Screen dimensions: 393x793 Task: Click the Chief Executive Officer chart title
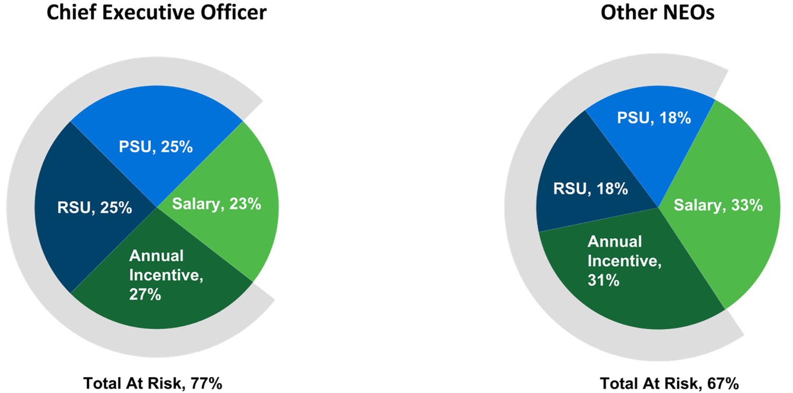pyautogui.click(x=156, y=13)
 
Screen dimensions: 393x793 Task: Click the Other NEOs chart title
pyautogui.click(x=657, y=13)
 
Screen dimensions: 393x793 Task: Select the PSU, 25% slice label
pyautogui.click(x=156, y=147)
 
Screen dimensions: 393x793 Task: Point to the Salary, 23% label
pyautogui.click(x=217, y=204)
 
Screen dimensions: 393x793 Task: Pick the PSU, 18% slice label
pyautogui.click(x=654, y=118)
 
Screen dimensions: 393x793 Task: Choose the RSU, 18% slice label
pyautogui.click(x=590, y=189)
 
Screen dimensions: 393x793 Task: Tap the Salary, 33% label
pyautogui.click(x=718, y=205)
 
